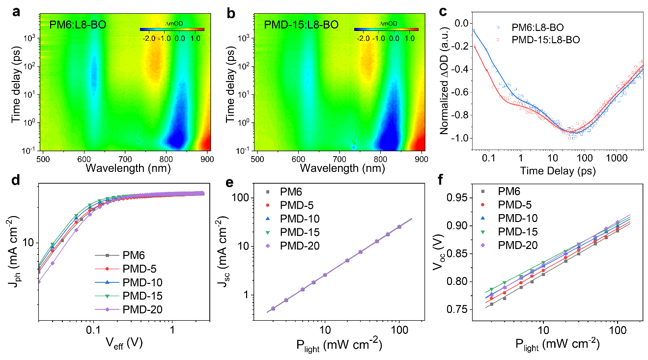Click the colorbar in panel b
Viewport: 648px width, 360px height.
point(386,29)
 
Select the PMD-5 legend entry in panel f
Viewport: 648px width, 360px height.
point(513,204)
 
